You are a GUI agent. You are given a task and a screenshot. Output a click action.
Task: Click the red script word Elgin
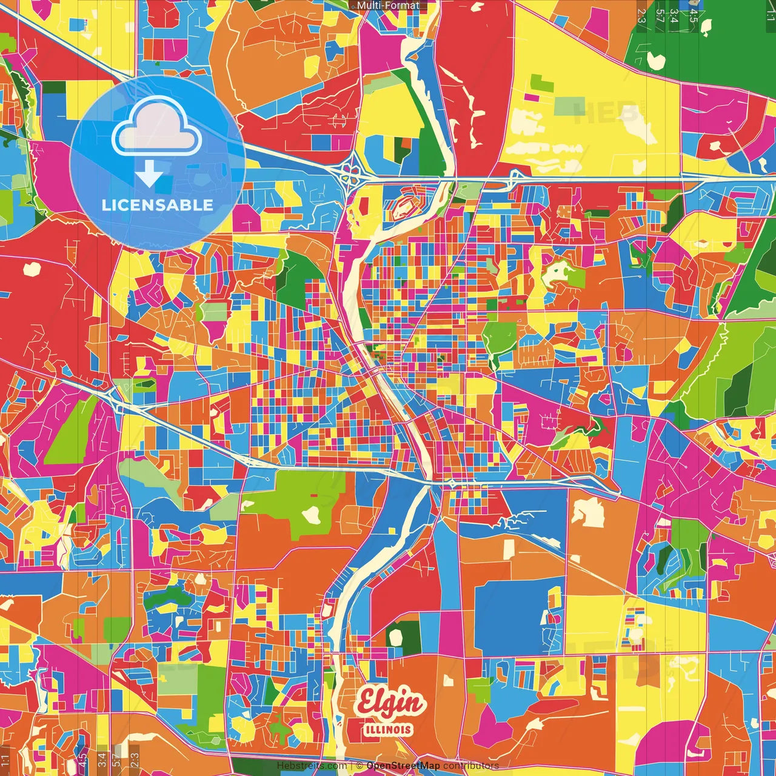tap(390, 703)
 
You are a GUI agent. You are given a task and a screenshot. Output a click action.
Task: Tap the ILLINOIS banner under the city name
tap(388, 729)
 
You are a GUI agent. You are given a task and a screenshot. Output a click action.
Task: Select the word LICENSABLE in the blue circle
tap(158, 205)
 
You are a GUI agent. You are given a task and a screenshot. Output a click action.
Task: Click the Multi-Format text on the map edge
tap(388, 5)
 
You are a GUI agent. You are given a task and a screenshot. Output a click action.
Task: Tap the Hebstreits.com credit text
tap(312, 766)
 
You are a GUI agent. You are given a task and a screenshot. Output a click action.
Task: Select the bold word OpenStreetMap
tap(403, 766)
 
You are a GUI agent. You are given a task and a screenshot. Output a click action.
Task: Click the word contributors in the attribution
tap(471, 766)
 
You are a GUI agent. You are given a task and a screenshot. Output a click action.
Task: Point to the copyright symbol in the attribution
tap(360, 766)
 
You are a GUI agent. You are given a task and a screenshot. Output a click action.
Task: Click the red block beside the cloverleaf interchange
tap(364, 203)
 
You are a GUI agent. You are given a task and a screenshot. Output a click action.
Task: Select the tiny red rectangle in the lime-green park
tap(314, 495)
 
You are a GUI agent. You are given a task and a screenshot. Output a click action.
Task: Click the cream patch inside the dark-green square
tap(396, 637)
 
